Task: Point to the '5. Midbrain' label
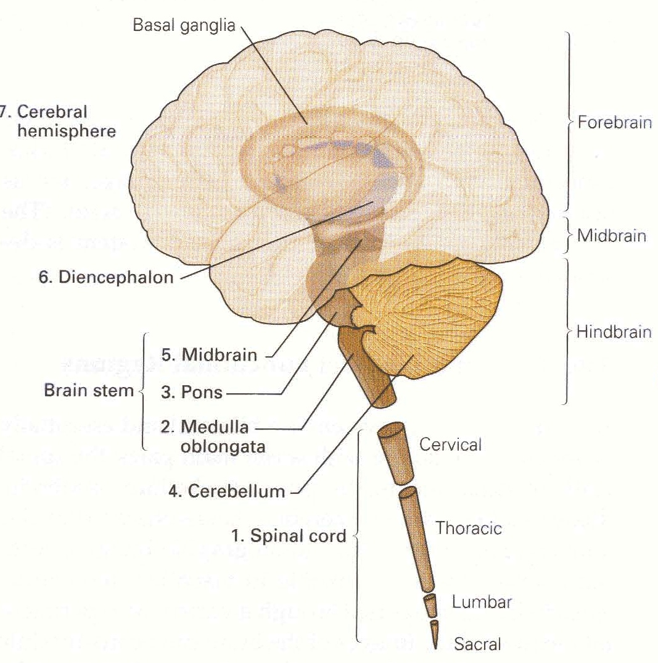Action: coord(208,355)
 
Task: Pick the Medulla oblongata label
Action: coord(215,436)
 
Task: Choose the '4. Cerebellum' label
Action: coord(226,491)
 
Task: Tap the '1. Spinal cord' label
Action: coord(289,536)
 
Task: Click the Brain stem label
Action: coord(89,391)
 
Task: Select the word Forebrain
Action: coord(614,122)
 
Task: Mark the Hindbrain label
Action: coord(614,332)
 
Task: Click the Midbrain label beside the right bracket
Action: coord(612,236)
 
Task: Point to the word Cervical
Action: coord(450,444)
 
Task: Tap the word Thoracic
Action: coord(469,528)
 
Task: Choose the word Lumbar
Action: coord(481,602)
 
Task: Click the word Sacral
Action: coord(477,645)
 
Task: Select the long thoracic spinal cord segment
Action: coord(417,538)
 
